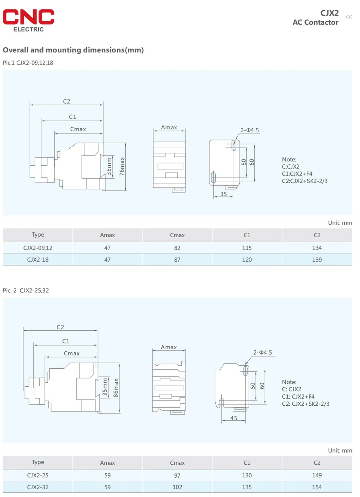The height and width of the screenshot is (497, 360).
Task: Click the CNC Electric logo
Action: (29, 20)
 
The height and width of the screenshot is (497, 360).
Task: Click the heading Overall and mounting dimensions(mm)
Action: (73, 50)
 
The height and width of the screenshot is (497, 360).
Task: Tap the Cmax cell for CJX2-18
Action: (177, 260)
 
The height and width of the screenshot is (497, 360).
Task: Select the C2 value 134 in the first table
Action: (317, 248)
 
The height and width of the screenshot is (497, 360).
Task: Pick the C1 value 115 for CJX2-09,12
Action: (247, 248)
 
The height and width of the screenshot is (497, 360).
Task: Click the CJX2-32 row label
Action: (38, 487)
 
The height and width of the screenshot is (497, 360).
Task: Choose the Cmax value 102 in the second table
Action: (177, 487)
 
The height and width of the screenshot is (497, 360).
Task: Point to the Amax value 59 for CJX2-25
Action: (107, 475)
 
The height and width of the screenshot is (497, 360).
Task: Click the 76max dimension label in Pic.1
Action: (122, 166)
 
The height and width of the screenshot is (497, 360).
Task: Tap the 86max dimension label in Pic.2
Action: (116, 388)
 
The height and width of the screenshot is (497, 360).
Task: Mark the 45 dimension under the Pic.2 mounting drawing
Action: (234, 418)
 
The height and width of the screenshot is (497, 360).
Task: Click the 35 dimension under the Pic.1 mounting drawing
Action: (223, 194)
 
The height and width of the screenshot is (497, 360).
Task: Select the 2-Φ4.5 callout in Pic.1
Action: (250, 130)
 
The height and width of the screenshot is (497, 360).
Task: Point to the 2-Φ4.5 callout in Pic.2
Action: (263, 352)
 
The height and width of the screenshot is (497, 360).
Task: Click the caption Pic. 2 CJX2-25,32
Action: (26, 290)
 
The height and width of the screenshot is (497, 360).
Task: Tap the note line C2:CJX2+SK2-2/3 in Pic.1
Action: (305, 181)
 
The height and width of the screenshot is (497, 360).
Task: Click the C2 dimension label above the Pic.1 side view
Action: (67, 102)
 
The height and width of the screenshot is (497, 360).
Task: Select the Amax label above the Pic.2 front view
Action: (169, 347)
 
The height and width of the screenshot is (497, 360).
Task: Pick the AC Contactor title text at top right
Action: (316, 22)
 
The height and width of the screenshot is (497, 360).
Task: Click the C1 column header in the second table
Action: (247, 463)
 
